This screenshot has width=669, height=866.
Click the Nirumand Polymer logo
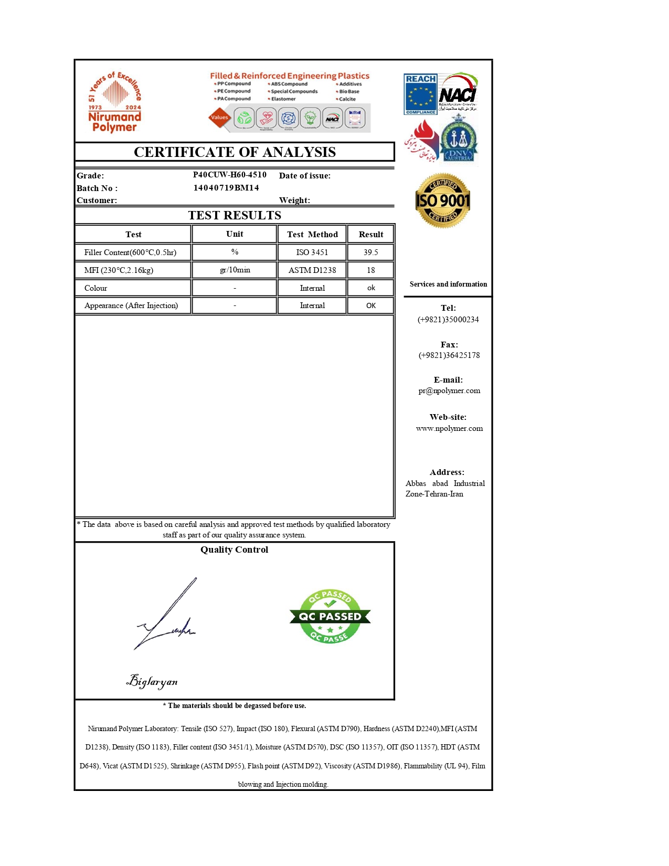[114, 102]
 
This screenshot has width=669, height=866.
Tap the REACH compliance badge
[420, 94]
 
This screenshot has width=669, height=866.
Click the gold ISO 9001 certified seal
[443, 200]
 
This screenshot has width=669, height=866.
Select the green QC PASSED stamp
[330, 616]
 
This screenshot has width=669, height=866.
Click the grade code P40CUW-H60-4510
[229, 175]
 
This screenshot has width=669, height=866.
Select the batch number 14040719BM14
[226, 188]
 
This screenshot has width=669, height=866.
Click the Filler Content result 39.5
[370, 252]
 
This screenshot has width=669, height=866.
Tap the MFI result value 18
[370, 270]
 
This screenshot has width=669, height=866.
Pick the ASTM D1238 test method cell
[312, 270]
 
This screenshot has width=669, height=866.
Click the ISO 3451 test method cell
[312, 252]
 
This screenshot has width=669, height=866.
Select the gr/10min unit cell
[235, 270]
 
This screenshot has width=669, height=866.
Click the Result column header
[370, 235]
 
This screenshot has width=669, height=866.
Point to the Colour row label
[95, 288]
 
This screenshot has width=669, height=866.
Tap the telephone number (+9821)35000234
[448, 320]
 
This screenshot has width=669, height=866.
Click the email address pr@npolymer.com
[449, 390]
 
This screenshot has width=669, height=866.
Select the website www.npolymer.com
[449, 428]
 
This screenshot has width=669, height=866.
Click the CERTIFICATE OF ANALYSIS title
[235, 152]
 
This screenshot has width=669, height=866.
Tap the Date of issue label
[305, 176]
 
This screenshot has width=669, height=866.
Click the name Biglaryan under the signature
[152, 681]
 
